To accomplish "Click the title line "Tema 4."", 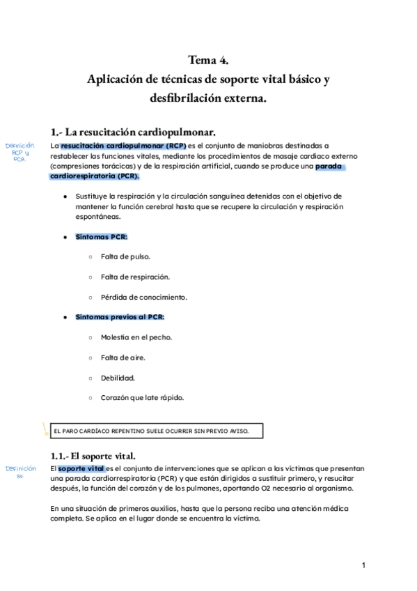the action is click(208, 60).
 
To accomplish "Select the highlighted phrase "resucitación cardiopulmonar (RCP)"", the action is click(123, 146).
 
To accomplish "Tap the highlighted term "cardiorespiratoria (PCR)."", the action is click(95, 176).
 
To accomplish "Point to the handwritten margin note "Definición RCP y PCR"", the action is click(19, 152).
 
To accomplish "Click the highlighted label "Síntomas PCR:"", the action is click(102, 237).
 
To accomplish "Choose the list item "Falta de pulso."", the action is click(125, 256).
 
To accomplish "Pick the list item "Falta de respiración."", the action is click(135, 277).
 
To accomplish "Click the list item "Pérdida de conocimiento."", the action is click(143, 297).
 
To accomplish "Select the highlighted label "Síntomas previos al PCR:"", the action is click(120, 317).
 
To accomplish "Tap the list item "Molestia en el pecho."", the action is click(136, 337).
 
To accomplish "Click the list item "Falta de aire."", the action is click(123, 358).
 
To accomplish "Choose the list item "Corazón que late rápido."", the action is click(142, 398).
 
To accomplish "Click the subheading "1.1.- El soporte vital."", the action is click(97, 455).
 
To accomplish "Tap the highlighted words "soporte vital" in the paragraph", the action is click(81, 468).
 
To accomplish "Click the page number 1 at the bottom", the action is click(363, 565).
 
